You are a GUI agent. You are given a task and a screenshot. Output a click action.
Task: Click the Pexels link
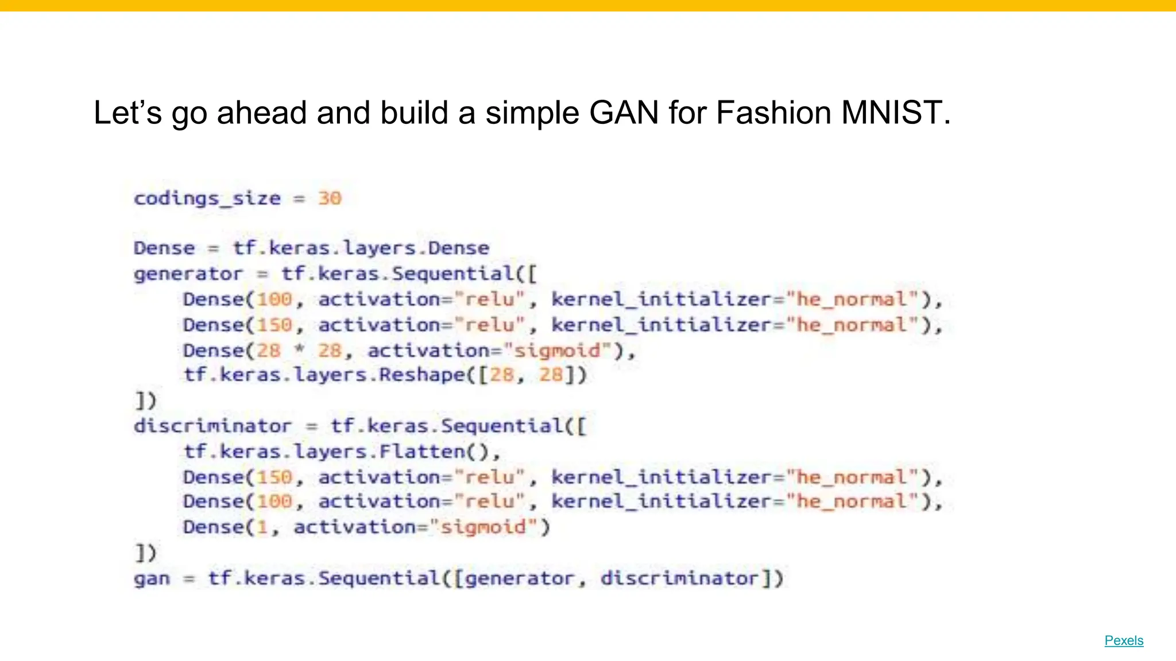click(x=1124, y=640)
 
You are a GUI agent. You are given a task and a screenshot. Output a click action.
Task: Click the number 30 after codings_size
click(x=330, y=199)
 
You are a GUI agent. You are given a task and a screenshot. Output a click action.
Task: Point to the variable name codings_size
click(x=207, y=199)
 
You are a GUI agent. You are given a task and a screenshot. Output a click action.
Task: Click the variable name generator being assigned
click(x=188, y=274)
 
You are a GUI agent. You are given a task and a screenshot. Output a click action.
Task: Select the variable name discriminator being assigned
click(x=212, y=426)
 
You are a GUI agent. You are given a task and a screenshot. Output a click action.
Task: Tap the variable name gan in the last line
click(x=152, y=578)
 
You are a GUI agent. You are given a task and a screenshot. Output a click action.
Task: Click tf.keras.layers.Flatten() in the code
click(x=342, y=452)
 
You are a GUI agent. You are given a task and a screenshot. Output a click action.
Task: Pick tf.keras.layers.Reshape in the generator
click(x=324, y=375)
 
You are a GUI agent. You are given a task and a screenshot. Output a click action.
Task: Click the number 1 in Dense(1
click(x=262, y=527)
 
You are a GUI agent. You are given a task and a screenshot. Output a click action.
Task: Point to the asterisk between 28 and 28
click(x=299, y=349)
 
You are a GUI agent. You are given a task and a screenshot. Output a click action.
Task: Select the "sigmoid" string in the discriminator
click(x=482, y=527)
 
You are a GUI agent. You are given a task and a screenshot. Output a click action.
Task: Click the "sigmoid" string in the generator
click(x=556, y=350)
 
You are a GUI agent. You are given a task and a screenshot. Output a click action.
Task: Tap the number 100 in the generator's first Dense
click(x=274, y=299)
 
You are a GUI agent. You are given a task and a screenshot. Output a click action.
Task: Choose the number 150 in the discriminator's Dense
click(x=274, y=477)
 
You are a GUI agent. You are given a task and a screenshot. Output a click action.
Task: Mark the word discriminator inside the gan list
click(x=680, y=578)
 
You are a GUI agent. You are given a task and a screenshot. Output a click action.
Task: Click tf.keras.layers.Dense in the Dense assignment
click(x=361, y=248)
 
